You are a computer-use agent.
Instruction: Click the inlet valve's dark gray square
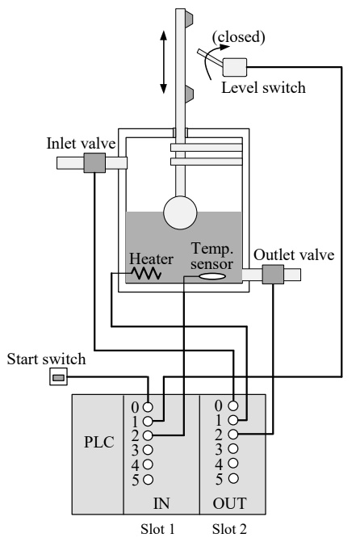coord(94,163)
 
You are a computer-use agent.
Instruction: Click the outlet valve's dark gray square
coord(273,275)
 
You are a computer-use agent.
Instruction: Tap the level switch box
coord(235,67)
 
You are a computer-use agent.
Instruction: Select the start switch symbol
coord(58,376)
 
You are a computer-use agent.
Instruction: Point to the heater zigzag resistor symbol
coord(146,274)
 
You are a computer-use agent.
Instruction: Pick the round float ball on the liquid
coord(180,212)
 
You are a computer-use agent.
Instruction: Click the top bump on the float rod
coord(189,19)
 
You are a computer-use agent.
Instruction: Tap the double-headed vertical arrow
coord(164,62)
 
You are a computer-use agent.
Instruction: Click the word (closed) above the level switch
coord(239,36)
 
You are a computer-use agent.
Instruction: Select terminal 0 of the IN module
coord(148,407)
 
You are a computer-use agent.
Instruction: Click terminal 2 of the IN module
coord(148,435)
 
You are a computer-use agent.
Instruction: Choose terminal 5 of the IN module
coord(148,480)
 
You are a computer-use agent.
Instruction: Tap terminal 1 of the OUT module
coord(233,420)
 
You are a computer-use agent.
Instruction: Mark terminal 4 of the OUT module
coord(233,463)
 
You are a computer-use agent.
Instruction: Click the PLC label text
coord(99,442)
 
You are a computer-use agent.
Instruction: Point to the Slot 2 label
coord(229,529)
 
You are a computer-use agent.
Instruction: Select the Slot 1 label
coord(157,529)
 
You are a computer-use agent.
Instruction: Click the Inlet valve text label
coord(82,144)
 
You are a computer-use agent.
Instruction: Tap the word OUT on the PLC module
coord(230,503)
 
